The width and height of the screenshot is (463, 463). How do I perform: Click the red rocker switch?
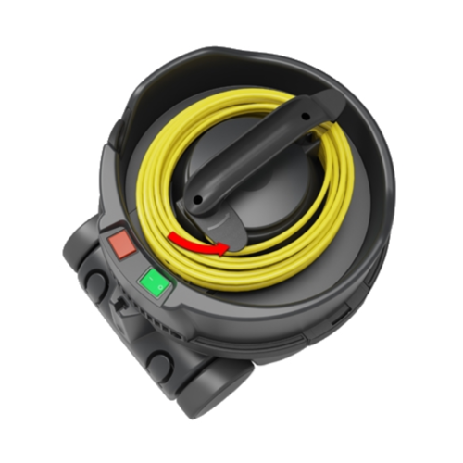(x=120, y=244)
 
